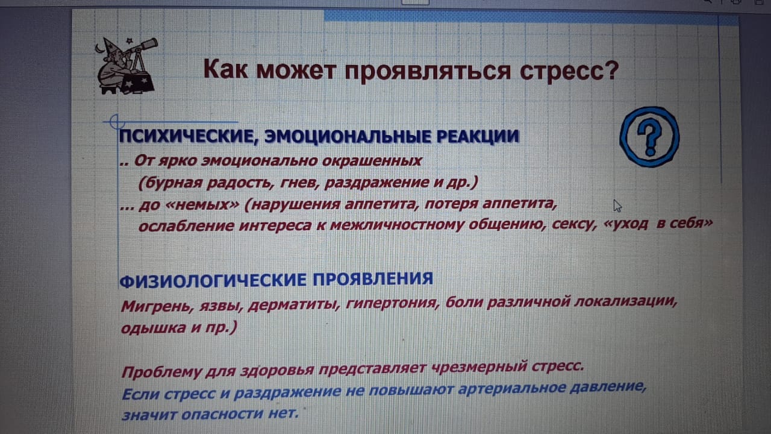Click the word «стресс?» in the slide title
(569, 71)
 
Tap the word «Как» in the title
(225, 69)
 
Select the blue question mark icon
(649, 137)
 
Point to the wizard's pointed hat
(110, 46)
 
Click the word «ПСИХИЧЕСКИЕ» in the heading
(188, 137)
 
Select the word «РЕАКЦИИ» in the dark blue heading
(478, 136)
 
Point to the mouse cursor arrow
(617, 206)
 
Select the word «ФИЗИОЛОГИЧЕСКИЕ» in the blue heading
(213, 281)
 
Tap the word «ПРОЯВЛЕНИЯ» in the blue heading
(373, 278)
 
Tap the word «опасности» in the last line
(222, 414)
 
